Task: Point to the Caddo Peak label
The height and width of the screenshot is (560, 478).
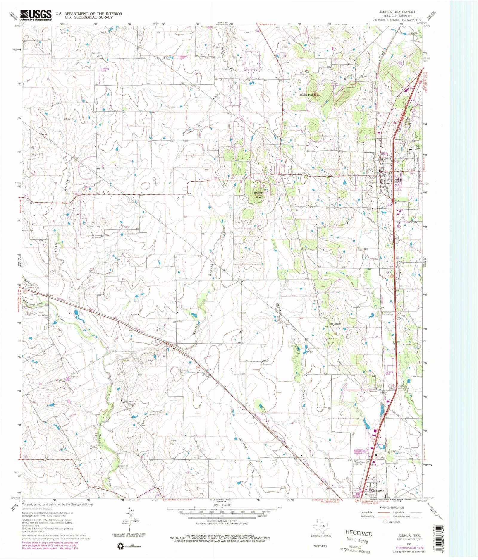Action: (x=307, y=95)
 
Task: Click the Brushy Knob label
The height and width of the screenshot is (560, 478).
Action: (x=258, y=195)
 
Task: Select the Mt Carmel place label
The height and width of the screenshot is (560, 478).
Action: (x=335, y=324)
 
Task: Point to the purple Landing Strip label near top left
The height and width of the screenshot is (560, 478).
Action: (x=105, y=69)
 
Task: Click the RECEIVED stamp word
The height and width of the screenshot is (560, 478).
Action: (x=359, y=533)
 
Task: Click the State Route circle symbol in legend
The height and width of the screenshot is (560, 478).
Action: (x=385, y=522)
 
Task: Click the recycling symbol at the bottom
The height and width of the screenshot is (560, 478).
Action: (x=120, y=547)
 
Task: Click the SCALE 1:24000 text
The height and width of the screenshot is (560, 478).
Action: (x=222, y=505)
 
